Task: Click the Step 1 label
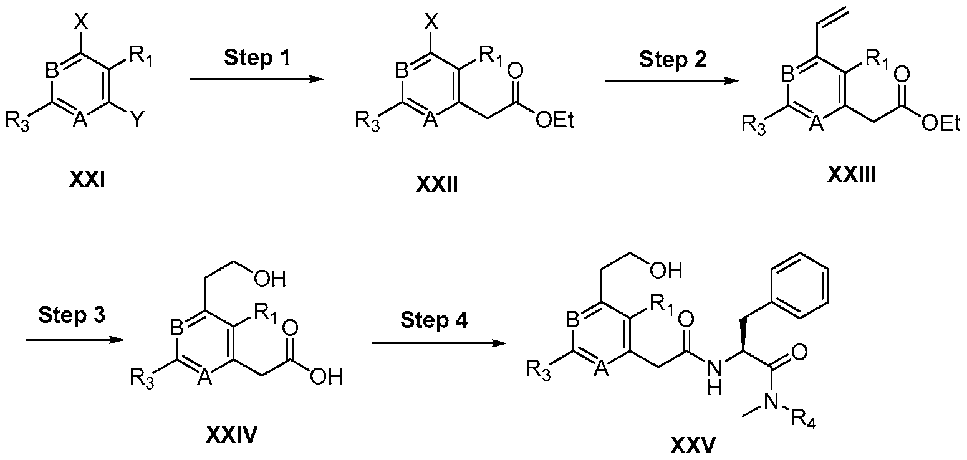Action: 257,58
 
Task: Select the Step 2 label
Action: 673,60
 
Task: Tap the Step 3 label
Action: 72,315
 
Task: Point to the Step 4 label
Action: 434,320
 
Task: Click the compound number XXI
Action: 87,180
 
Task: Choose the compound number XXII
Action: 437,184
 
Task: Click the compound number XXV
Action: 693,445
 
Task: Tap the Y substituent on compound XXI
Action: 137,120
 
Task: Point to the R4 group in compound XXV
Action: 804,419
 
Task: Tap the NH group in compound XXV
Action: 714,378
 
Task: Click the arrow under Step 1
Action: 256,79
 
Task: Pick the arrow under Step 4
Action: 439,343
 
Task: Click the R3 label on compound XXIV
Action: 142,380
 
